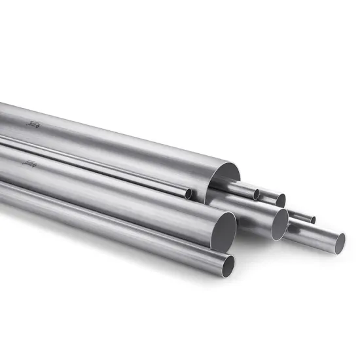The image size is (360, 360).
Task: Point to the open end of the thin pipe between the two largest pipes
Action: point(189,193)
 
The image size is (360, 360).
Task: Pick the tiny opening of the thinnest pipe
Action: point(313,220)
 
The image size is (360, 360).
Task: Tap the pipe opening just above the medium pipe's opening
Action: point(279,200)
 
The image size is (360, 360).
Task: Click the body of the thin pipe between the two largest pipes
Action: point(98,167)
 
